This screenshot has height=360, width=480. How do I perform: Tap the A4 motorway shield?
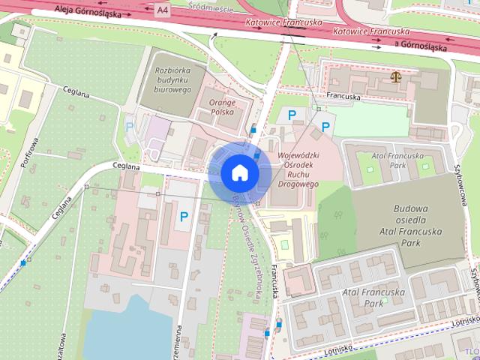[x=163, y=10]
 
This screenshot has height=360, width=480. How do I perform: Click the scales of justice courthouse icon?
[x=395, y=76]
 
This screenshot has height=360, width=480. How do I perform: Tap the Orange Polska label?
[x=222, y=107]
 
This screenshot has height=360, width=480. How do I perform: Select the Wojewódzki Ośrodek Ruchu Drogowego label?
[x=298, y=170]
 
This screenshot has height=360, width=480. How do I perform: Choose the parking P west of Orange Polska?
[x=130, y=127]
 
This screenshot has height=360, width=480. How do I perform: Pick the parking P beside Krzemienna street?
[x=183, y=217]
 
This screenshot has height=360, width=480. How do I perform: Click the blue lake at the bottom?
[x=127, y=330]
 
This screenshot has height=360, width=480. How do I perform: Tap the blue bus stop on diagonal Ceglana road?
[x=23, y=263]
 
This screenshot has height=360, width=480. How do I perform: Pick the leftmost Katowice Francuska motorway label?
[x=277, y=22]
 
